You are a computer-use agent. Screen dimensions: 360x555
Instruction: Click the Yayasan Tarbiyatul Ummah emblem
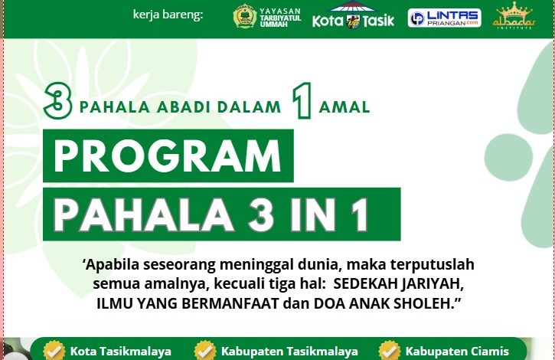click(x=244, y=16)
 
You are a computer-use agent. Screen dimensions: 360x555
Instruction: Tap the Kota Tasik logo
click(x=353, y=16)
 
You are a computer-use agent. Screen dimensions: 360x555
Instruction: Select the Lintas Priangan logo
click(x=444, y=18)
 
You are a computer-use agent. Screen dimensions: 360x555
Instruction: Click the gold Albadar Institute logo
click(x=514, y=16)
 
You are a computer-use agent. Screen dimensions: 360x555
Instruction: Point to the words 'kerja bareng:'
click(x=168, y=14)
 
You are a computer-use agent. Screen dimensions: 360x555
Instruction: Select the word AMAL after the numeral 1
click(x=344, y=107)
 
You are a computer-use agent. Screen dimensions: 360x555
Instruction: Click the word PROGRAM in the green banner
click(x=168, y=158)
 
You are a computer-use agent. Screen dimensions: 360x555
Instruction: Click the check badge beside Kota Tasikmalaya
click(x=54, y=351)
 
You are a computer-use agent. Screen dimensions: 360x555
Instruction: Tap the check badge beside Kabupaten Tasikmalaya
click(x=205, y=351)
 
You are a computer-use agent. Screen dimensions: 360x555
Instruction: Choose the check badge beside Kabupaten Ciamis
click(x=390, y=351)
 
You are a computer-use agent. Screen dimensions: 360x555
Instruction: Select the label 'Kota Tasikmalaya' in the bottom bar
click(x=120, y=352)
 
